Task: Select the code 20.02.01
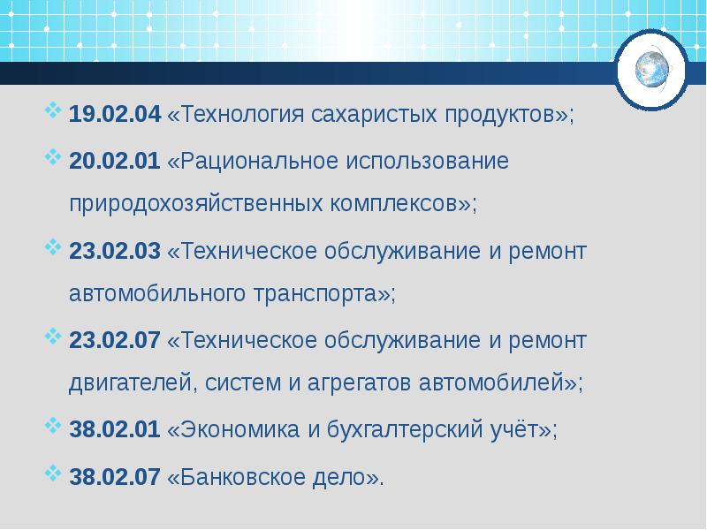coord(115,163)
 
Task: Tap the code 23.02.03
coord(115,252)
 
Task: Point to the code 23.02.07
coord(115,341)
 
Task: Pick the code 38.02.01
coord(115,430)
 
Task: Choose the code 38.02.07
coord(115,478)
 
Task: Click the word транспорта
coord(314,294)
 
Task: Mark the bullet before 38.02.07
coord(52,473)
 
